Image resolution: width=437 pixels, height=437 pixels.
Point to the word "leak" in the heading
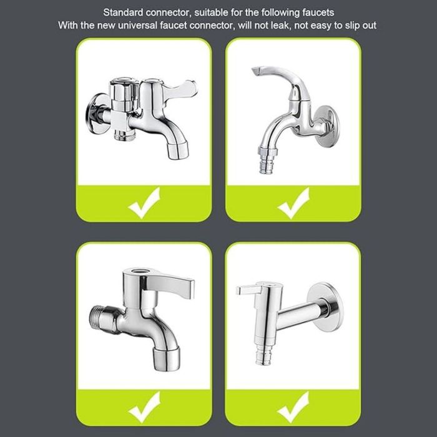coord(280,26)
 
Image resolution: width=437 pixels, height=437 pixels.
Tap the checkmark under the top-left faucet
coord(144,203)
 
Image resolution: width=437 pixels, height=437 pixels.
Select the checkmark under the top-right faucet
coord(293,203)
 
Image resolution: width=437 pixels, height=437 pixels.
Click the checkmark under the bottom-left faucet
coord(144,407)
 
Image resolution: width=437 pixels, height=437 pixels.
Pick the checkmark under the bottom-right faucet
coord(293,407)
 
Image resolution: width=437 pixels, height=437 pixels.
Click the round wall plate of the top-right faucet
coord(328,126)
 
